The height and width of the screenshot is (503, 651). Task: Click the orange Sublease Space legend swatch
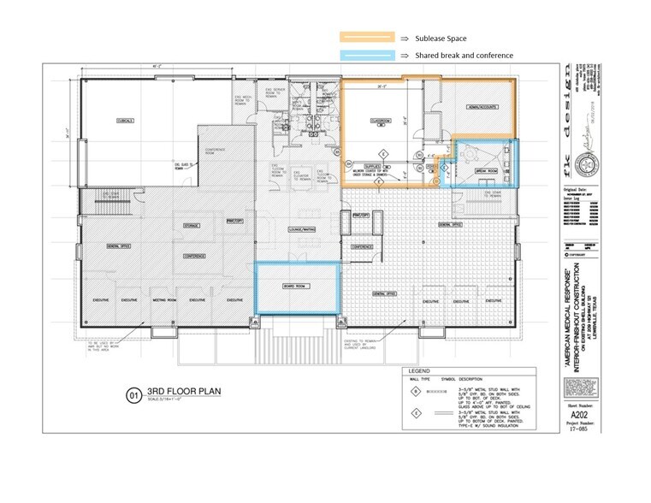(x=367, y=38)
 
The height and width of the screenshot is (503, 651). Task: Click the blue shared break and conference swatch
(x=367, y=56)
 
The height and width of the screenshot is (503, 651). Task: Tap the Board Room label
(x=296, y=287)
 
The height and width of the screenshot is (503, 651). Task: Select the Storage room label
(x=191, y=226)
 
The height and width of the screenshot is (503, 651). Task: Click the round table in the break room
(x=473, y=154)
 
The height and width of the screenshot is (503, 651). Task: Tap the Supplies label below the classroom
(x=373, y=164)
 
